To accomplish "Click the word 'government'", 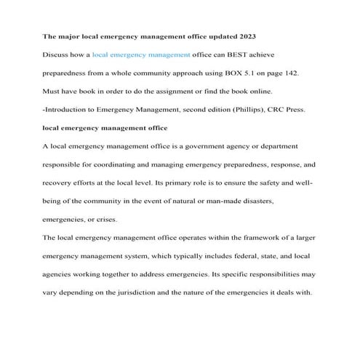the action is coord(201,146).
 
